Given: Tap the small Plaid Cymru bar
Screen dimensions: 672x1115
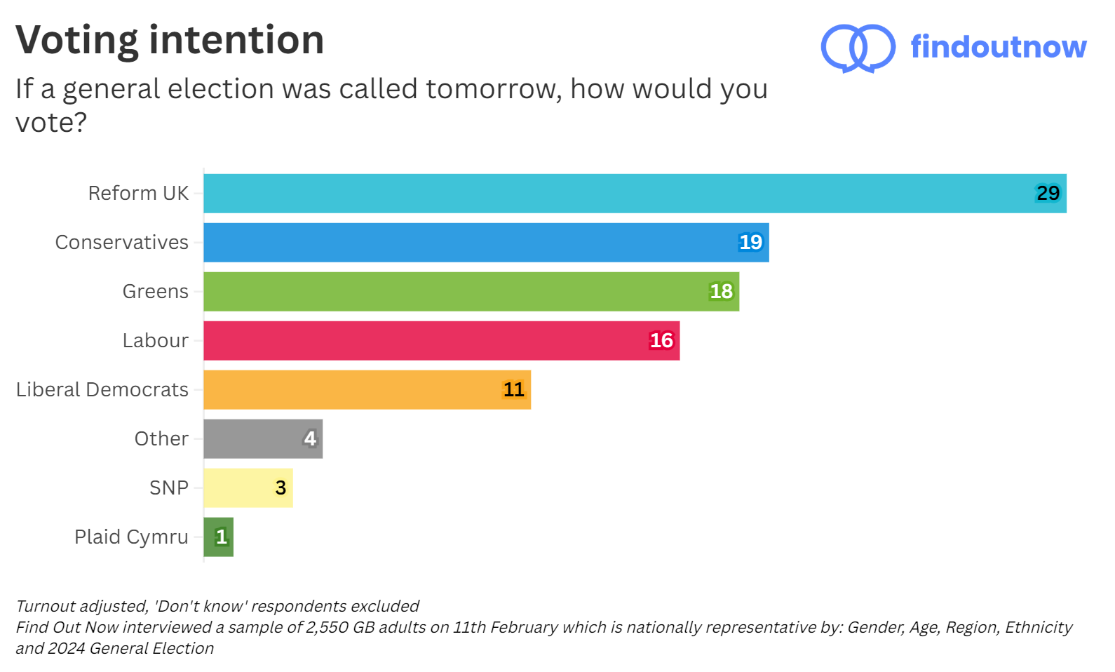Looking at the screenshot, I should click(x=218, y=537).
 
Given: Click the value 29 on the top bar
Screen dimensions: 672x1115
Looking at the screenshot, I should click(x=1048, y=194).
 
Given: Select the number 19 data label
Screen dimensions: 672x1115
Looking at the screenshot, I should click(x=750, y=243).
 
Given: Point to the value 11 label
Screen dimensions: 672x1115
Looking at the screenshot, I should click(x=513, y=390).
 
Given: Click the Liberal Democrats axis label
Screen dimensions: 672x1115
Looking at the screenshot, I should click(x=102, y=390).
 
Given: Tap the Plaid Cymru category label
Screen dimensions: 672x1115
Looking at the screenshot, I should click(x=131, y=537).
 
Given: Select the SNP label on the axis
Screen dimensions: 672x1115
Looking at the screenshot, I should click(x=169, y=488).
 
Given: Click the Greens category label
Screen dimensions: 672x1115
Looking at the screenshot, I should click(x=155, y=292).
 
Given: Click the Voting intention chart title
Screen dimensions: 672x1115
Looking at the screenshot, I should click(x=170, y=40).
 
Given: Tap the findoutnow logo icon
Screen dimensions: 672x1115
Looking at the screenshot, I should click(x=858, y=48).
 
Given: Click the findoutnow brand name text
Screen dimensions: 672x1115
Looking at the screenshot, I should click(x=998, y=47).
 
